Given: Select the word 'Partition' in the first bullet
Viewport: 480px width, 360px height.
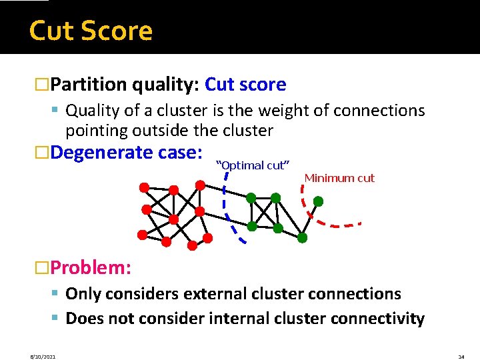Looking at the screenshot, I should [x=89, y=85].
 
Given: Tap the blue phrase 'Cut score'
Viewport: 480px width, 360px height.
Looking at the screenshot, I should [x=245, y=85].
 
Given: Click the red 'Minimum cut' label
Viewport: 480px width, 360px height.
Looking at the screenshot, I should [x=339, y=178].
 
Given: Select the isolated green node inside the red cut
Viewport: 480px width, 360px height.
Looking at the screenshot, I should [x=319, y=201].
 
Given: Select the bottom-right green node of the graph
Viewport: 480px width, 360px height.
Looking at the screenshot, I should [x=302, y=237].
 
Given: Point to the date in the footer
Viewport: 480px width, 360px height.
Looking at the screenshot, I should [x=43, y=357].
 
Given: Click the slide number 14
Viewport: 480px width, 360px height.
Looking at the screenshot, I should [x=461, y=357].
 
